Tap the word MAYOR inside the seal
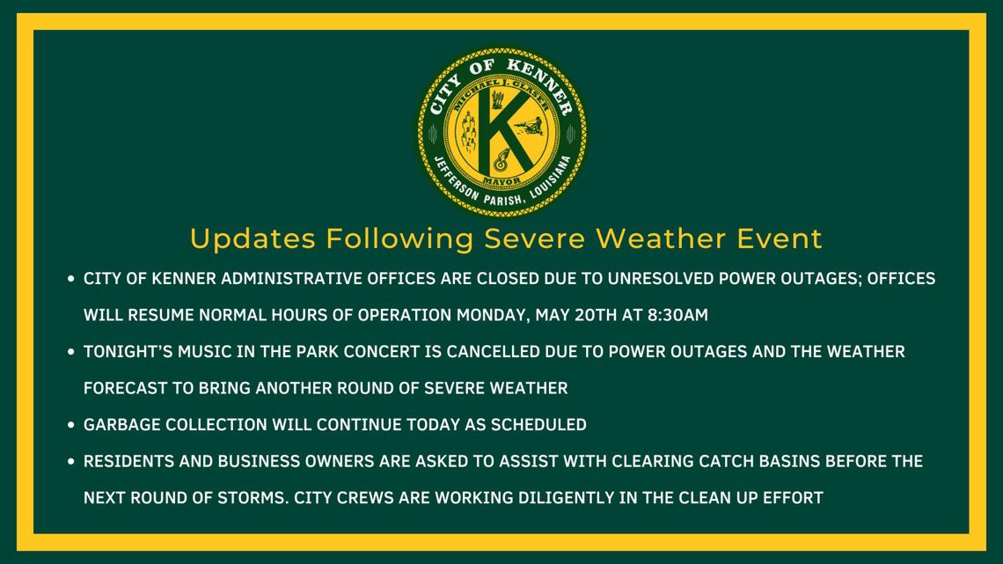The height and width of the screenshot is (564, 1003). coord(501,179)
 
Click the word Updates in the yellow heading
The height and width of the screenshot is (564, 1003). coord(253,238)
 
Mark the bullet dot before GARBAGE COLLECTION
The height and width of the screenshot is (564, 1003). coord(70,425)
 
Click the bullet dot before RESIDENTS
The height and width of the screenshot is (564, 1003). coord(70,462)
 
